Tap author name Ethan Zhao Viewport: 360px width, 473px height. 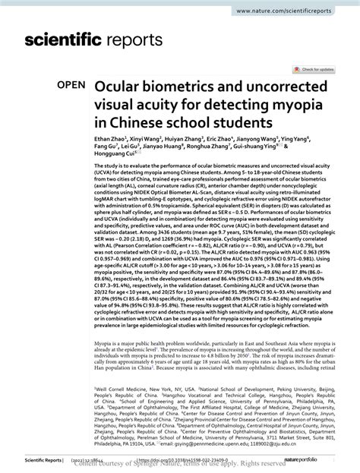(109, 140)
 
